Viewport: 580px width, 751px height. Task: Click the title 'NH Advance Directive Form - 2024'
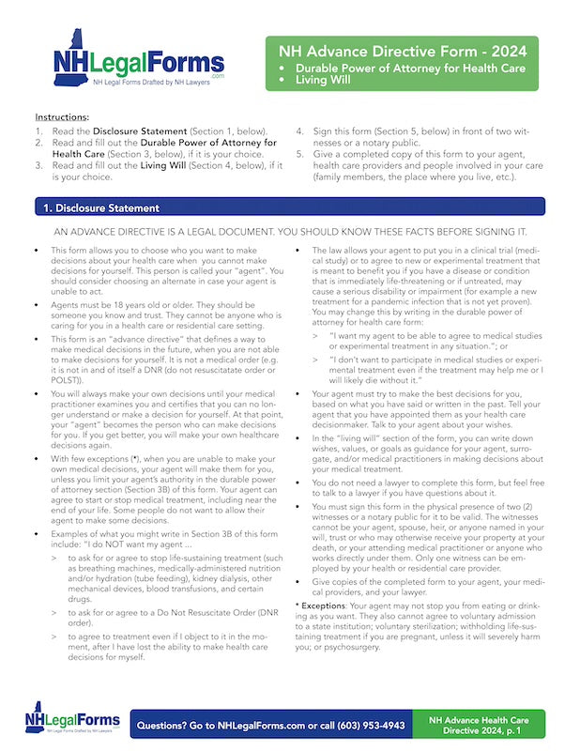(x=396, y=51)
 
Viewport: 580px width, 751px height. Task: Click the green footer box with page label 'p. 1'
(x=479, y=726)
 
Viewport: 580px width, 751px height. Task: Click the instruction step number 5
(x=300, y=154)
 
